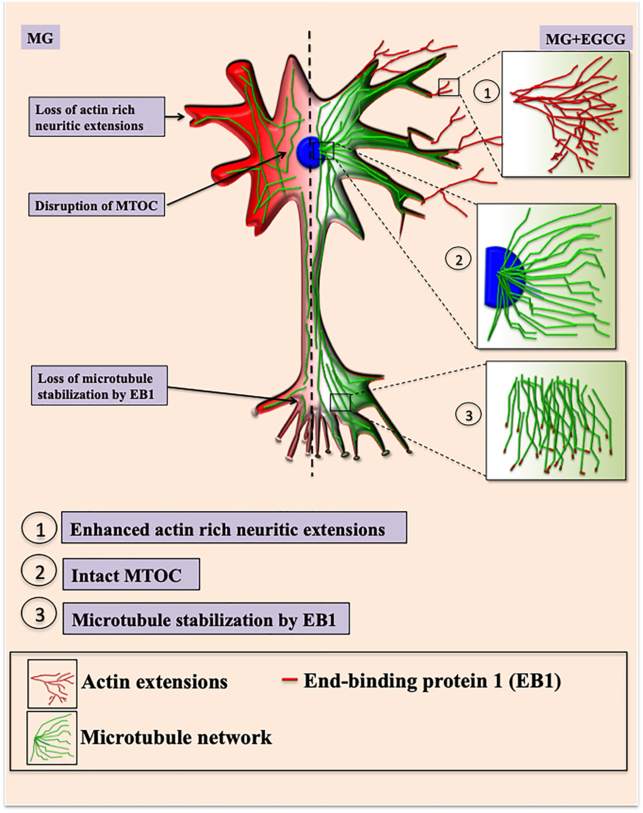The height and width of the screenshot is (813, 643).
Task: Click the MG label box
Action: (40, 38)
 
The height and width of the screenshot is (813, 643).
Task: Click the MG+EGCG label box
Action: (585, 38)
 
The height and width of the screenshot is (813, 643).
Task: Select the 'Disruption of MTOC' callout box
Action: (96, 205)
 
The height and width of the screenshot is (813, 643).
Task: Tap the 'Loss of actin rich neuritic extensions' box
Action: (96, 117)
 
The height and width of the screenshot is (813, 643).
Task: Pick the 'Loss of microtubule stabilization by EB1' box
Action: (99, 386)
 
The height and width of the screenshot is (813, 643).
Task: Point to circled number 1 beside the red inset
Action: (486, 92)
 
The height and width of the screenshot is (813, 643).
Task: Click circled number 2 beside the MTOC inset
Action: (458, 260)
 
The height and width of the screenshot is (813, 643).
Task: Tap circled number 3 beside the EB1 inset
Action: (468, 416)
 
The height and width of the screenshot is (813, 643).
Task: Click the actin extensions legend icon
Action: (52, 683)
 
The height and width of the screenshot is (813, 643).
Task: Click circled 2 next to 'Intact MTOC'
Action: (39, 572)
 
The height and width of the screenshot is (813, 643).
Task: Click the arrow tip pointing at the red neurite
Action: (184, 117)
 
